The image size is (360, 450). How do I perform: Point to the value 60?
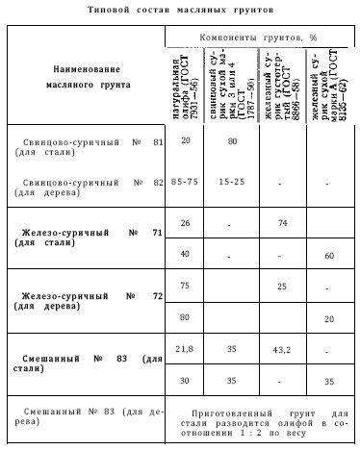coord(329,256)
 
